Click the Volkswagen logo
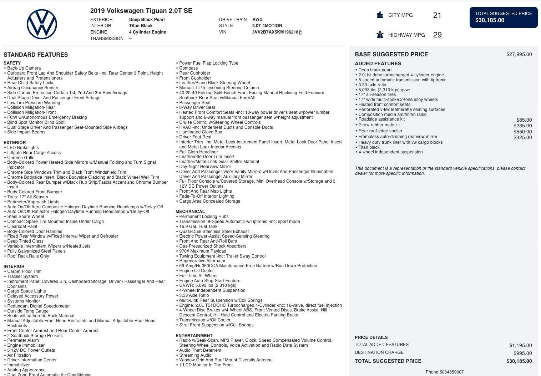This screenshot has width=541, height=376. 42,24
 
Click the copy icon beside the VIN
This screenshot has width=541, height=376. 300,32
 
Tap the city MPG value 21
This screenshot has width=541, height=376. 437,15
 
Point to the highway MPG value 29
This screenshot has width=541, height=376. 437,35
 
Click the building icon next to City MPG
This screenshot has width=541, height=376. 380,15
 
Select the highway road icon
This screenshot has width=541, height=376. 380,35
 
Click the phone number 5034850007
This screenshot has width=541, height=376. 451,372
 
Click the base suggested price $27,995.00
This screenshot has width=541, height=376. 519,54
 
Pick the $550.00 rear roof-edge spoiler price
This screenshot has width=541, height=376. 522,132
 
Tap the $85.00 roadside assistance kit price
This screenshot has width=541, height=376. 524,120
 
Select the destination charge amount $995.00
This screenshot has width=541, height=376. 522,353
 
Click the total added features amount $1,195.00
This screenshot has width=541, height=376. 520,345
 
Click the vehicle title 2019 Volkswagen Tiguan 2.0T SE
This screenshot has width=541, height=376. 141,11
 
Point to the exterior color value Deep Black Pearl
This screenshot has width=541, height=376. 147,20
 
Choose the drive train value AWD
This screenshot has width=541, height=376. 257,20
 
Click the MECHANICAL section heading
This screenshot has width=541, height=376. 190,212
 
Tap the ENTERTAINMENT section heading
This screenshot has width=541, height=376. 194,336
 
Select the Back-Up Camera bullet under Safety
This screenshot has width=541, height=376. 24,68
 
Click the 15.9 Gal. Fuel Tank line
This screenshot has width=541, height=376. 198,227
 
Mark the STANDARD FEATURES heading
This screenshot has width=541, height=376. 36,55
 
